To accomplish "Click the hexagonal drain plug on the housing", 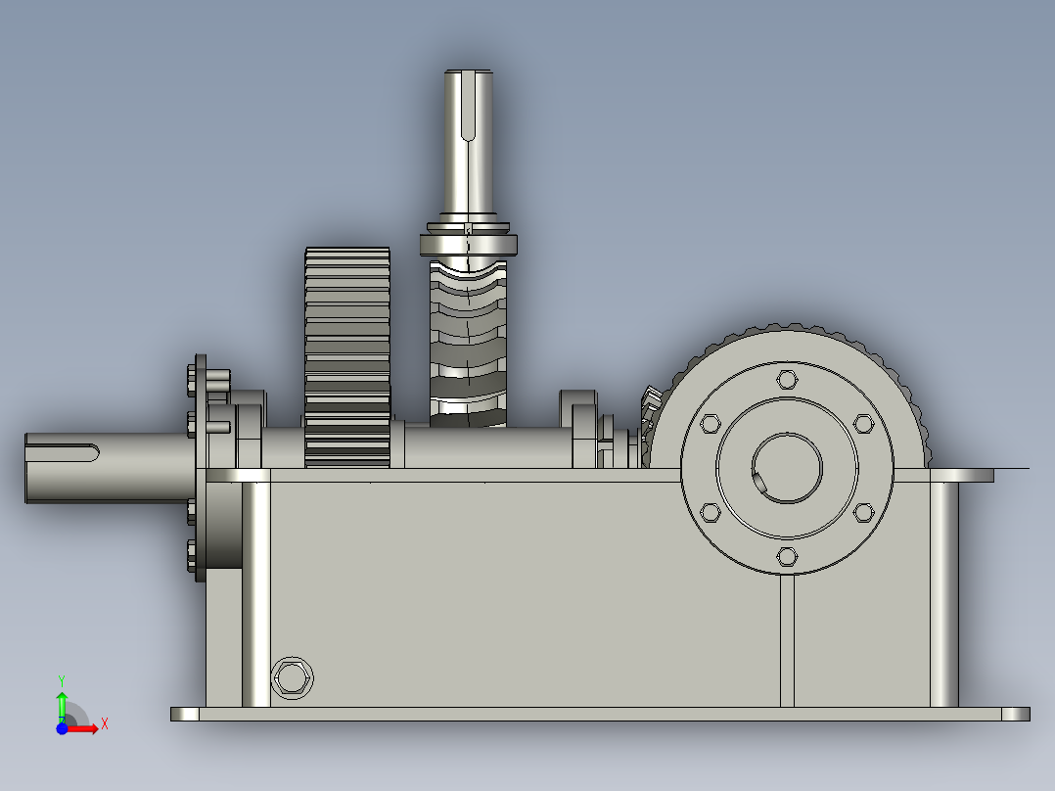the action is (x=292, y=677).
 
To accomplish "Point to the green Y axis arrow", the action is (x=62, y=706).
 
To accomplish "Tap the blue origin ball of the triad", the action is (x=62, y=728).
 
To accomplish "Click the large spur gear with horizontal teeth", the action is (x=347, y=357).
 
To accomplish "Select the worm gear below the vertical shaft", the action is (x=468, y=345).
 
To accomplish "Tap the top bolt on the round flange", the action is (x=787, y=380).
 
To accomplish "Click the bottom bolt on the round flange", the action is (x=787, y=557).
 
